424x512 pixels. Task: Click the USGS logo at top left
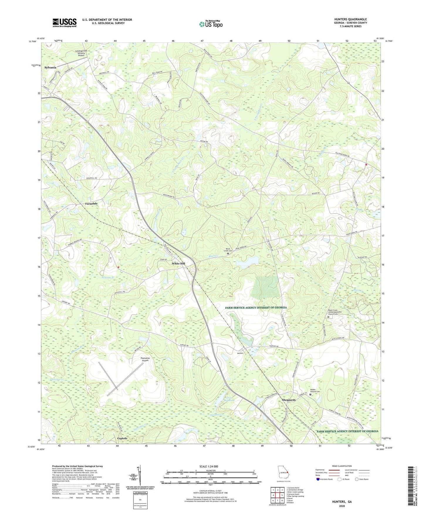[64, 23]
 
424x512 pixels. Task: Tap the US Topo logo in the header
[210, 24]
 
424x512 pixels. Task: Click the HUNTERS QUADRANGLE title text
[350, 19]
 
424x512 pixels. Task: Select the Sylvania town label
[50, 67]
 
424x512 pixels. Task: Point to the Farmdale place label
[91, 204]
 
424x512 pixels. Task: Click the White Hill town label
[178, 264]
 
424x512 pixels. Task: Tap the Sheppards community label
[289, 400]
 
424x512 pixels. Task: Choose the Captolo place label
[122, 438]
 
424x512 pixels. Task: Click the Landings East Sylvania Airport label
[80, 53]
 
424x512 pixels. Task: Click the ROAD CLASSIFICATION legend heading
[342, 466]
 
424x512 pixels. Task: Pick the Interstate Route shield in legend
[318, 479]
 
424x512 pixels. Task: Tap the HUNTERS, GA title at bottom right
[342, 502]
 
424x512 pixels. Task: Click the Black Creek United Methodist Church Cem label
[337, 312]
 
